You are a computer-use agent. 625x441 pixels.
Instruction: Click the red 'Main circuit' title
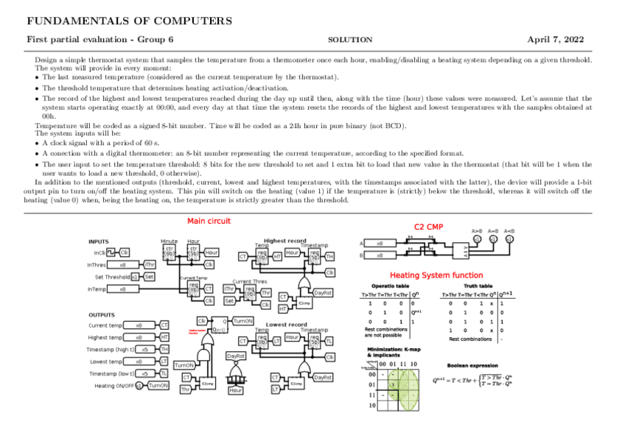tap(209, 221)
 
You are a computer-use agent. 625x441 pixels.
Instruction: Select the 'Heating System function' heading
tap(436, 275)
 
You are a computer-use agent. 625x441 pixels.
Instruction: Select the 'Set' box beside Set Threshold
tap(149, 277)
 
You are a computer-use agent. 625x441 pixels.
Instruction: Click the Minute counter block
tap(169, 251)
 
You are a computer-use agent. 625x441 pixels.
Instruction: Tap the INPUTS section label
tap(98, 241)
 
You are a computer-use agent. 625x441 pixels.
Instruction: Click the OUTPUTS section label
tap(101, 314)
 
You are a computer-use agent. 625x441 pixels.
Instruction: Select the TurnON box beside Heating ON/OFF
tap(158, 385)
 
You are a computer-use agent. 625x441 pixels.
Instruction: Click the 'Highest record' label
tap(284, 240)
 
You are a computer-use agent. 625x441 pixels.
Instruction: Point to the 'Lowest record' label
tap(286, 324)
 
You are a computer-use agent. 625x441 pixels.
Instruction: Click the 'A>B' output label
tap(477, 230)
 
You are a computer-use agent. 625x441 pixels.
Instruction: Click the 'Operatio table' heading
tap(390, 286)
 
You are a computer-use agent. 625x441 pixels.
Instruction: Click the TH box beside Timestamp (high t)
tap(164, 349)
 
